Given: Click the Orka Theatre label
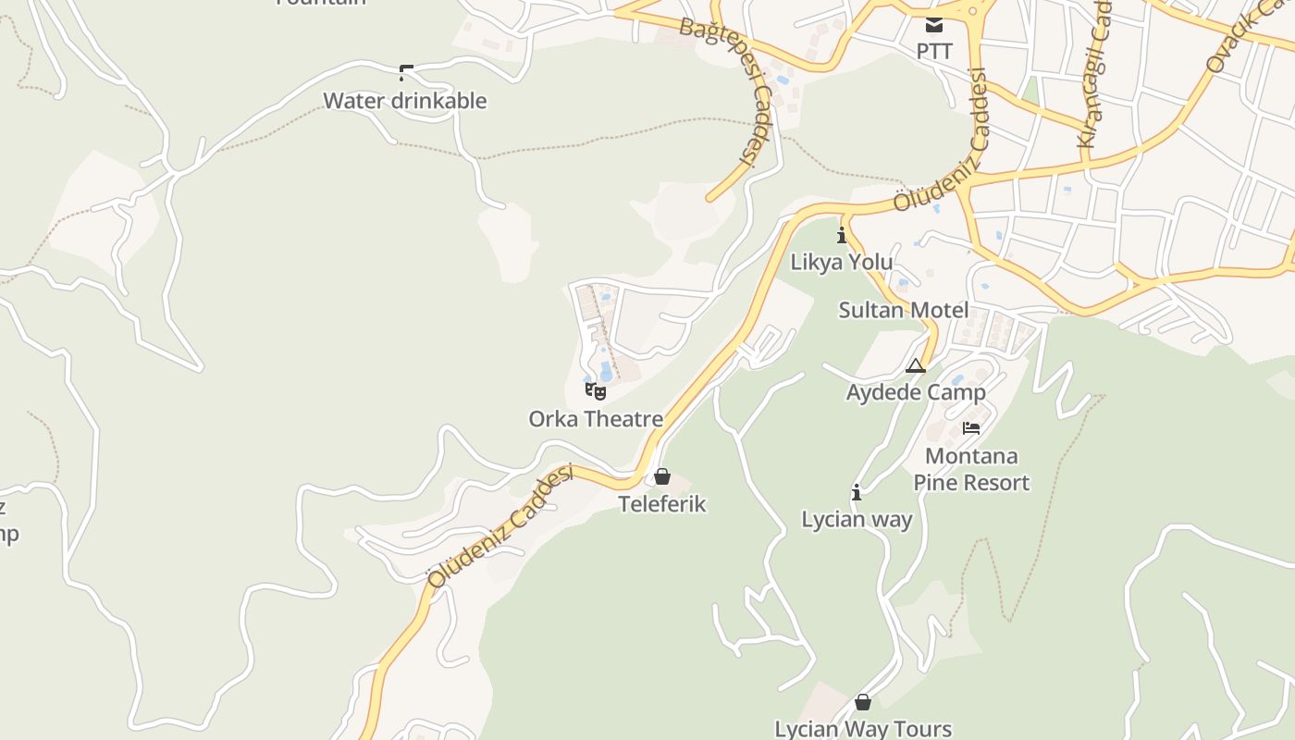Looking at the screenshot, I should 596,419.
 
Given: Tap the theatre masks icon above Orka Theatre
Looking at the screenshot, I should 596,391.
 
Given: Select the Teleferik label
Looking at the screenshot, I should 662,504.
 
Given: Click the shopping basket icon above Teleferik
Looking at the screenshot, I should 662,476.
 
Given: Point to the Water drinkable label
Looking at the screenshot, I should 404,101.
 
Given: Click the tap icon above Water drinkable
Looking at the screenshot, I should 405,72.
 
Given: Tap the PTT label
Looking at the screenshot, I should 934,52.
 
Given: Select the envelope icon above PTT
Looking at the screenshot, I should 934,24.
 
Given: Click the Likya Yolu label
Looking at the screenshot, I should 842,262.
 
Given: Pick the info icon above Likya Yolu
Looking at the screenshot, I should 842,235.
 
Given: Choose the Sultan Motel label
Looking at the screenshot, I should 904,310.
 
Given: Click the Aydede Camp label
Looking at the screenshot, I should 916,392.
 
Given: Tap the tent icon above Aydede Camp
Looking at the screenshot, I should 916,365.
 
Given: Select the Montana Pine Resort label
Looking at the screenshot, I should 971,469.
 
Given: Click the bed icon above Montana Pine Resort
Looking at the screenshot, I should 971,427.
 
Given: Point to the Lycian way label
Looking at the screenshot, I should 857,520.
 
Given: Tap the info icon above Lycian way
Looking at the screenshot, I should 857,492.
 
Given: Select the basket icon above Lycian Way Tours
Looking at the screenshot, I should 863,702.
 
